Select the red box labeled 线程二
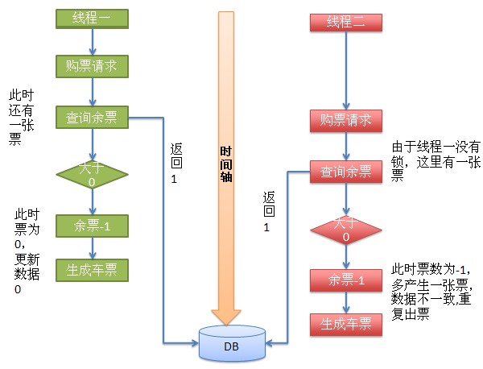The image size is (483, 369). (x=345, y=23)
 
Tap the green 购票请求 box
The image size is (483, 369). (x=91, y=66)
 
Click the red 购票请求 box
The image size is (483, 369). (x=345, y=121)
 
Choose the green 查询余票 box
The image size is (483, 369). (x=91, y=118)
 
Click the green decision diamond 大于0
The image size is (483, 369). (x=91, y=174)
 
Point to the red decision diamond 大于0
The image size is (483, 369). (x=345, y=229)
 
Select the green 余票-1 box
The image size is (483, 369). (x=91, y=226)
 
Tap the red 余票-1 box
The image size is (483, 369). (x=345, y=280)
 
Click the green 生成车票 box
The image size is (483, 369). (x=91, y=270)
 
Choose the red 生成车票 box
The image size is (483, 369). (x=345, y=325)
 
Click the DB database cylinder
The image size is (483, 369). (x=232, y=344)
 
